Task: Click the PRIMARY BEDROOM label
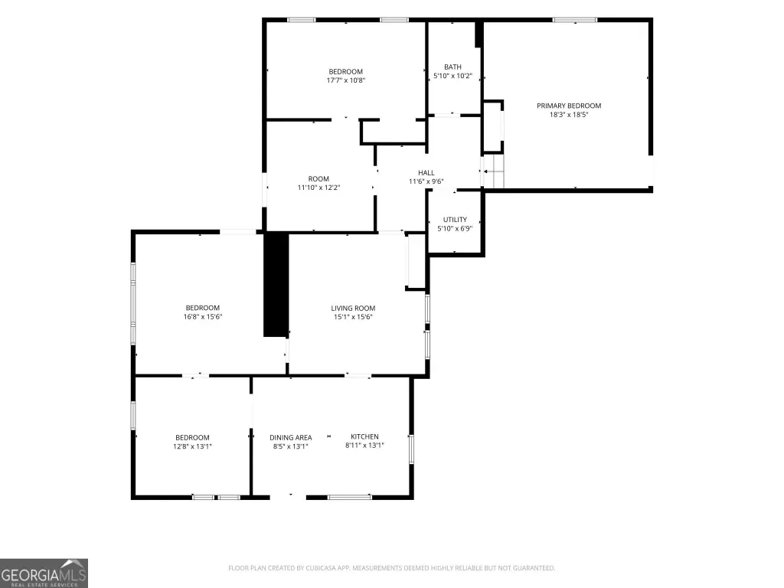tap(569, 106)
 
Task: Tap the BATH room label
tap(452, 67)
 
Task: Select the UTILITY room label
tap(455, 220)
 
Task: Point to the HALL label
tap(426, 173)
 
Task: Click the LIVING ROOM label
tap(353, 308)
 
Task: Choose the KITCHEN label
tap(364, 436)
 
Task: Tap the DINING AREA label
tap(290, 437)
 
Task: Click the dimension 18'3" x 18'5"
tap(569, 115)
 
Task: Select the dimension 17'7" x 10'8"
tap(346, 80)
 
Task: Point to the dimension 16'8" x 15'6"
tap(202, 316)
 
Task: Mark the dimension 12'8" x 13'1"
tap(192, 446)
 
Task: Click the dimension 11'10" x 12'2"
tap(318, 188)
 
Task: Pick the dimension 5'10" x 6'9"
tap(455, 228)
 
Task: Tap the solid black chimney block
tap(276, 285)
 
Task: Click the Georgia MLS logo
tap(44, 573)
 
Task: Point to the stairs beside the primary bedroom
tap(494, 171)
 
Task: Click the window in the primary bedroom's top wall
tap(574, 20)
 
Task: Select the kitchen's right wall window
tap(411, 449)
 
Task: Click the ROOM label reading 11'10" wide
tap(318, 179)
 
